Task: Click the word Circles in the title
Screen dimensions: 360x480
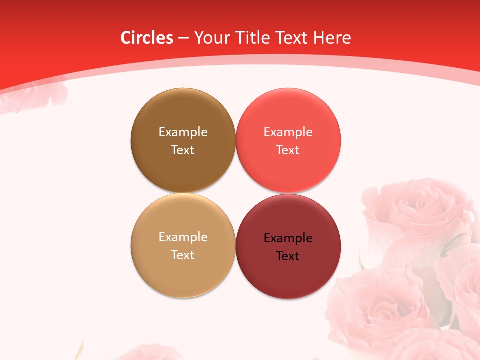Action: (x=147, y=38)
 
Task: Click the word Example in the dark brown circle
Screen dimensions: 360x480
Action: (x=183, y=132)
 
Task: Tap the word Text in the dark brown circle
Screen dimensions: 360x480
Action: (x=183, y=150)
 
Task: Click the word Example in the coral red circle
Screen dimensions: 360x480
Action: (x=288, y=132)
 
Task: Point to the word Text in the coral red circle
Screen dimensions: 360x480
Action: (x=288, y=150)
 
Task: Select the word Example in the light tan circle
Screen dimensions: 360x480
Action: (x=183, y=237)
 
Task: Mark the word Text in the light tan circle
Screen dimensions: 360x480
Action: (x=183, y=255)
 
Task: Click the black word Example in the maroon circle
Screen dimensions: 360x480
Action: (x=288, y=238)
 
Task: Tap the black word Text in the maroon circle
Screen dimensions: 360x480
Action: (x=288, y=256)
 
